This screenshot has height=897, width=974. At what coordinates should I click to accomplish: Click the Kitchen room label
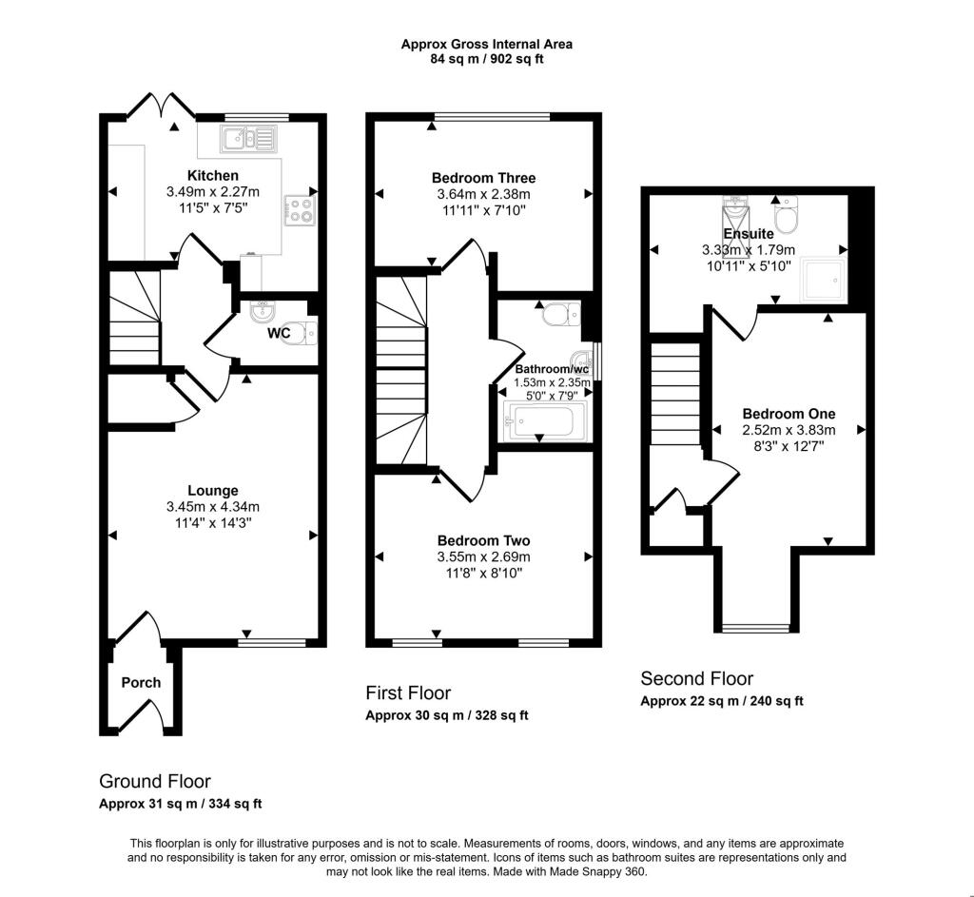pos(212,175)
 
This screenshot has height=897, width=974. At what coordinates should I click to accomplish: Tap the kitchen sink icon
pos(246,139)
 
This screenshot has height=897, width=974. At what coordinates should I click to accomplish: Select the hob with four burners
pos(301,208)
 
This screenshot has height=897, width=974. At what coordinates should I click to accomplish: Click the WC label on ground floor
pos(279,334)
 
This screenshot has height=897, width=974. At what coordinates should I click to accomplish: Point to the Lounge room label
pos(212,491)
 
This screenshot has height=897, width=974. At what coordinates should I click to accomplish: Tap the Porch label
pos(141,682)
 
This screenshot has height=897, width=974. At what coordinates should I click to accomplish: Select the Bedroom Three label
pos(483,178)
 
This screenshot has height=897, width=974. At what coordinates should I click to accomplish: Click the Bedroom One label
pos(789,414)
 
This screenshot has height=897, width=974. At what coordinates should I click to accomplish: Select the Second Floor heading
pos(696,678)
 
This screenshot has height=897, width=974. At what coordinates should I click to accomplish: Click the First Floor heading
pos(408,692)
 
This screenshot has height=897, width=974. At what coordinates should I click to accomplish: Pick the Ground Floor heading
pos(155,781)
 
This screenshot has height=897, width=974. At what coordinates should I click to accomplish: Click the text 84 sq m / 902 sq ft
pos(486,59)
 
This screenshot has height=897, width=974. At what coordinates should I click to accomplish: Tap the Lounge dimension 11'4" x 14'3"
pos(212,522)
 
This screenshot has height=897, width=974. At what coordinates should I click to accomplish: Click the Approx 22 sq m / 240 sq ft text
pos(721,701)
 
